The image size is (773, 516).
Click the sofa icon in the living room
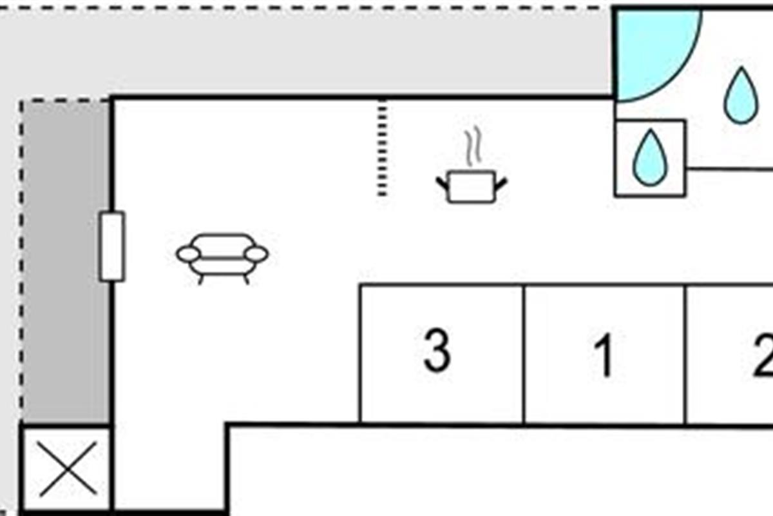pos(222,256)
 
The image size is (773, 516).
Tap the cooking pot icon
pos(472,186)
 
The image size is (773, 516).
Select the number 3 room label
pos(437,351)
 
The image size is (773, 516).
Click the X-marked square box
pos(66,469)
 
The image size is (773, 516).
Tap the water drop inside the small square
pos(650,157)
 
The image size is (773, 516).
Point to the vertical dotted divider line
pos(383,148)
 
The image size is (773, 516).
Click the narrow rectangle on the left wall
pos(112,246)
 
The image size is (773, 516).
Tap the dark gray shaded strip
pos(66,258)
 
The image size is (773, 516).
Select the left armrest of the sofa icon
pos(188,254)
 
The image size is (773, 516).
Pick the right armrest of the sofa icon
pos(257,254)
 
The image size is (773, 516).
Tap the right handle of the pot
pos(501,183)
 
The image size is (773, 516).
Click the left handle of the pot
pos(443,183)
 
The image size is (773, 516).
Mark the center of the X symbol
pos(66,469)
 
